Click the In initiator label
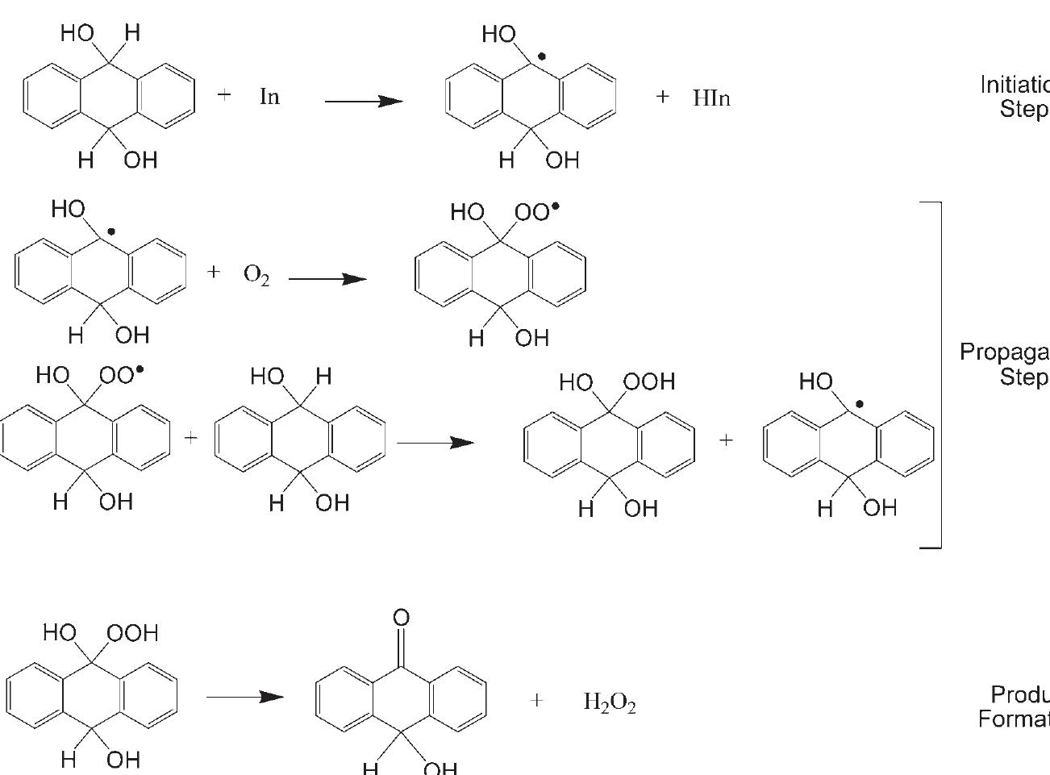point(269,97)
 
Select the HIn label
point(711,98)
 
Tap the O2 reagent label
point(256,276)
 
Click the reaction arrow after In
point(363,102)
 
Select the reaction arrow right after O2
point(327,279)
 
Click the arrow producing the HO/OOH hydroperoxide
point(435,443)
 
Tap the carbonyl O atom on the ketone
point(401,619)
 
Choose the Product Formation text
point(1015,706)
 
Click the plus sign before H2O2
point(537,701)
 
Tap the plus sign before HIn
point(663,97)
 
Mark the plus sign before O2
point(213,272)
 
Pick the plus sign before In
point(224,94)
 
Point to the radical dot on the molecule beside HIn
point(542,56)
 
